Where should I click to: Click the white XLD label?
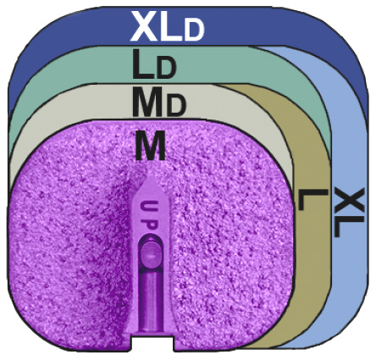[x=167, y=27]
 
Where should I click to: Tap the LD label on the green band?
[x=154, y=64]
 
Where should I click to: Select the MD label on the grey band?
[x=159, y=102]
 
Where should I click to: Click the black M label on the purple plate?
[x=150, y=146]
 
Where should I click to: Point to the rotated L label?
[x=312, y=200]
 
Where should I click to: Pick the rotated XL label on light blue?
[x=347, y=212]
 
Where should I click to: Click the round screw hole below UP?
[x=152, y=253]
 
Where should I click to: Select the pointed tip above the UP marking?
[x=150, y=177]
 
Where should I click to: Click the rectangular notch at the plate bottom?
[x=152, y=344]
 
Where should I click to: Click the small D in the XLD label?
[x=194, y=31]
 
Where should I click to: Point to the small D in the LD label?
[x=167, y=69]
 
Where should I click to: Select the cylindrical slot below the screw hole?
[x=151, y=301]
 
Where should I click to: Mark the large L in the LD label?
[x=144, y=64]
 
